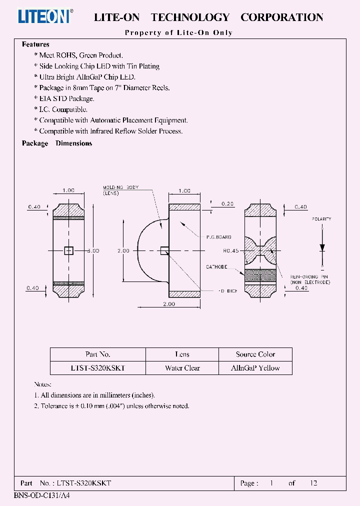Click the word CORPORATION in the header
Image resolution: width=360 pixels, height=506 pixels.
(282, 17)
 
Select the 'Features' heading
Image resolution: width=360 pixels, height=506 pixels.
(35, 44)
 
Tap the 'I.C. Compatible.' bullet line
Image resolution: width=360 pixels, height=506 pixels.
(63, 109)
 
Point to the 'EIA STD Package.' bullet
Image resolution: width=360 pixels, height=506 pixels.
(66, 98)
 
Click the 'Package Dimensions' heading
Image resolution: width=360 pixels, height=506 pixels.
(57, 143)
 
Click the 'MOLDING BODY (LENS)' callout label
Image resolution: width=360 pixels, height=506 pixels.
(120, 190)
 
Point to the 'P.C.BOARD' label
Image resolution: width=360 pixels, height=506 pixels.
(218, 237)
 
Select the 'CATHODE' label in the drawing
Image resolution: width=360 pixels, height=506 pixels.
(217, 267)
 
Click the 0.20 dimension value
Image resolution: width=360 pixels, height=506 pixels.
(227, 204)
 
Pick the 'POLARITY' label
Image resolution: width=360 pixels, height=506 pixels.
(321, 219)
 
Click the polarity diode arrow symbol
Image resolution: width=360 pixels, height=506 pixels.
(322, 247)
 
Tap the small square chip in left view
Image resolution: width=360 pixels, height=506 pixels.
(68, 251)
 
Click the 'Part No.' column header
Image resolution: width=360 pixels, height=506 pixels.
(97, 354)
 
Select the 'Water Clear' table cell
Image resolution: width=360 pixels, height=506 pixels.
(182, 368)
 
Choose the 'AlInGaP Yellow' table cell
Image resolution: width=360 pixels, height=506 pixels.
(255, 368)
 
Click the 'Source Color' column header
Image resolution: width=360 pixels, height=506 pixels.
(255, 354)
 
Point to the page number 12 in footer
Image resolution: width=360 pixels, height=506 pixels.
(313, 483)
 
